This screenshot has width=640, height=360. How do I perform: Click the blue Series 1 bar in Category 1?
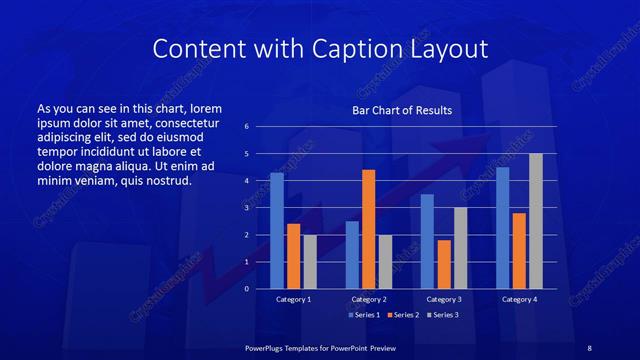point(277,231)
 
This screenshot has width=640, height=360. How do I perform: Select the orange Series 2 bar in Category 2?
point(368,229)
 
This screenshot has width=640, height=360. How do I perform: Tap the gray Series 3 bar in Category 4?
point(535,221)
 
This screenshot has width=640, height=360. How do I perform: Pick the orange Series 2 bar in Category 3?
point(444,264)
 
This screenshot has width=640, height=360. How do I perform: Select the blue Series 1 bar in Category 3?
point(427,241)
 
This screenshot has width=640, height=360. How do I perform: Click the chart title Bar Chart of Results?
point(402,110)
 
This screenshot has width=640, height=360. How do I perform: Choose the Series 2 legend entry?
point(402,315)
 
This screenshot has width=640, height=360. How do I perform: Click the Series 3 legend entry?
point(442,315)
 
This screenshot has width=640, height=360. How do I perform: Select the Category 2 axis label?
point(369,299)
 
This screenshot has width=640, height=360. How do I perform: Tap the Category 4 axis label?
point(519,299)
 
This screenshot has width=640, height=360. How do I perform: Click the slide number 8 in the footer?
point(589,346)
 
